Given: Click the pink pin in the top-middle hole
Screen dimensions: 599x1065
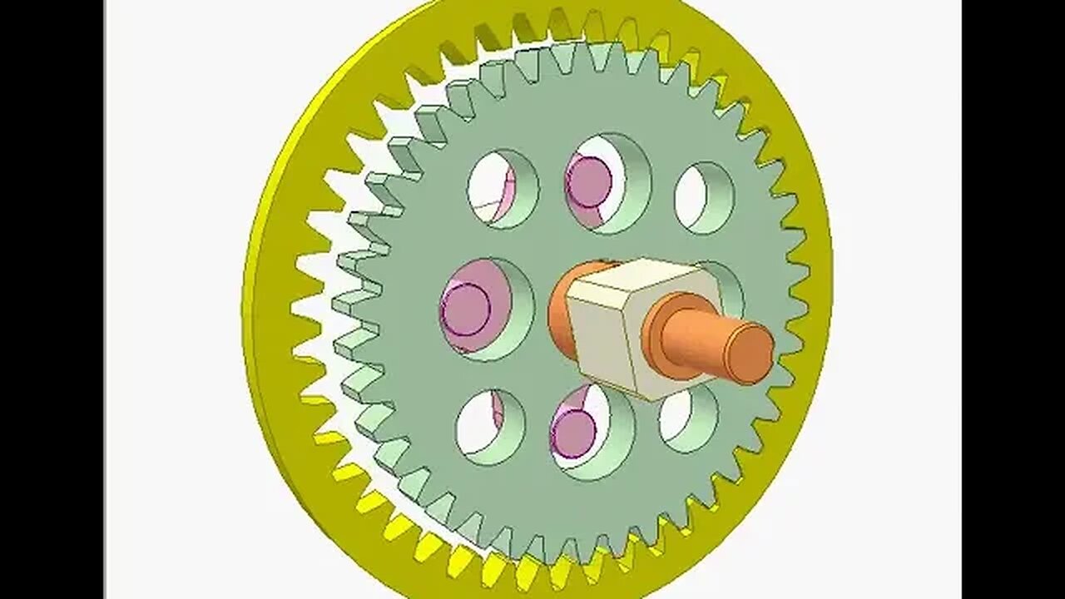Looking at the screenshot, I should [x=589, y=179].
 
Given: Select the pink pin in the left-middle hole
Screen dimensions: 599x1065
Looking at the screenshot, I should [x=466, y=308].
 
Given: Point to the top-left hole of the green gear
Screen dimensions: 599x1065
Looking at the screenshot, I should [x=493, y=187].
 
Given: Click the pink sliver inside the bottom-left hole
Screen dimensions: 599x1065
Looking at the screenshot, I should [x=498, y=411].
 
